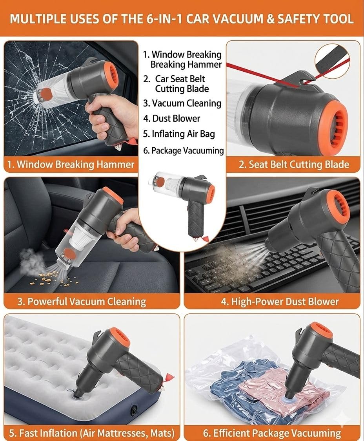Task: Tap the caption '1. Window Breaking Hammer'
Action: pyautogui.click(x=71, y=164)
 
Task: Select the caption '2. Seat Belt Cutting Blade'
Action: pyautogui.click(x=294, y=164)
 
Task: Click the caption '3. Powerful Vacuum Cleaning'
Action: pyautogui.click(x=82, y=302)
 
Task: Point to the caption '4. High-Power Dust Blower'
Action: pyautogui.click(x=280, y=302)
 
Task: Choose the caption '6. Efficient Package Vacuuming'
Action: pyautogui.click(x=272, y=433)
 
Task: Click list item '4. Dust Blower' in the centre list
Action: pyautogui.click(x=171, y=118)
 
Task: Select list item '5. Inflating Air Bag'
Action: pyautogui.click(x=179, y=134)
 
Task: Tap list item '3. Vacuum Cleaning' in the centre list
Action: pyautogui.click(x=182, y=103)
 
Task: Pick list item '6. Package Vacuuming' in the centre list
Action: pyautogui.click(x=184, y=151)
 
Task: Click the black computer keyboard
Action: pyautogui.click(x=262, y=270)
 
